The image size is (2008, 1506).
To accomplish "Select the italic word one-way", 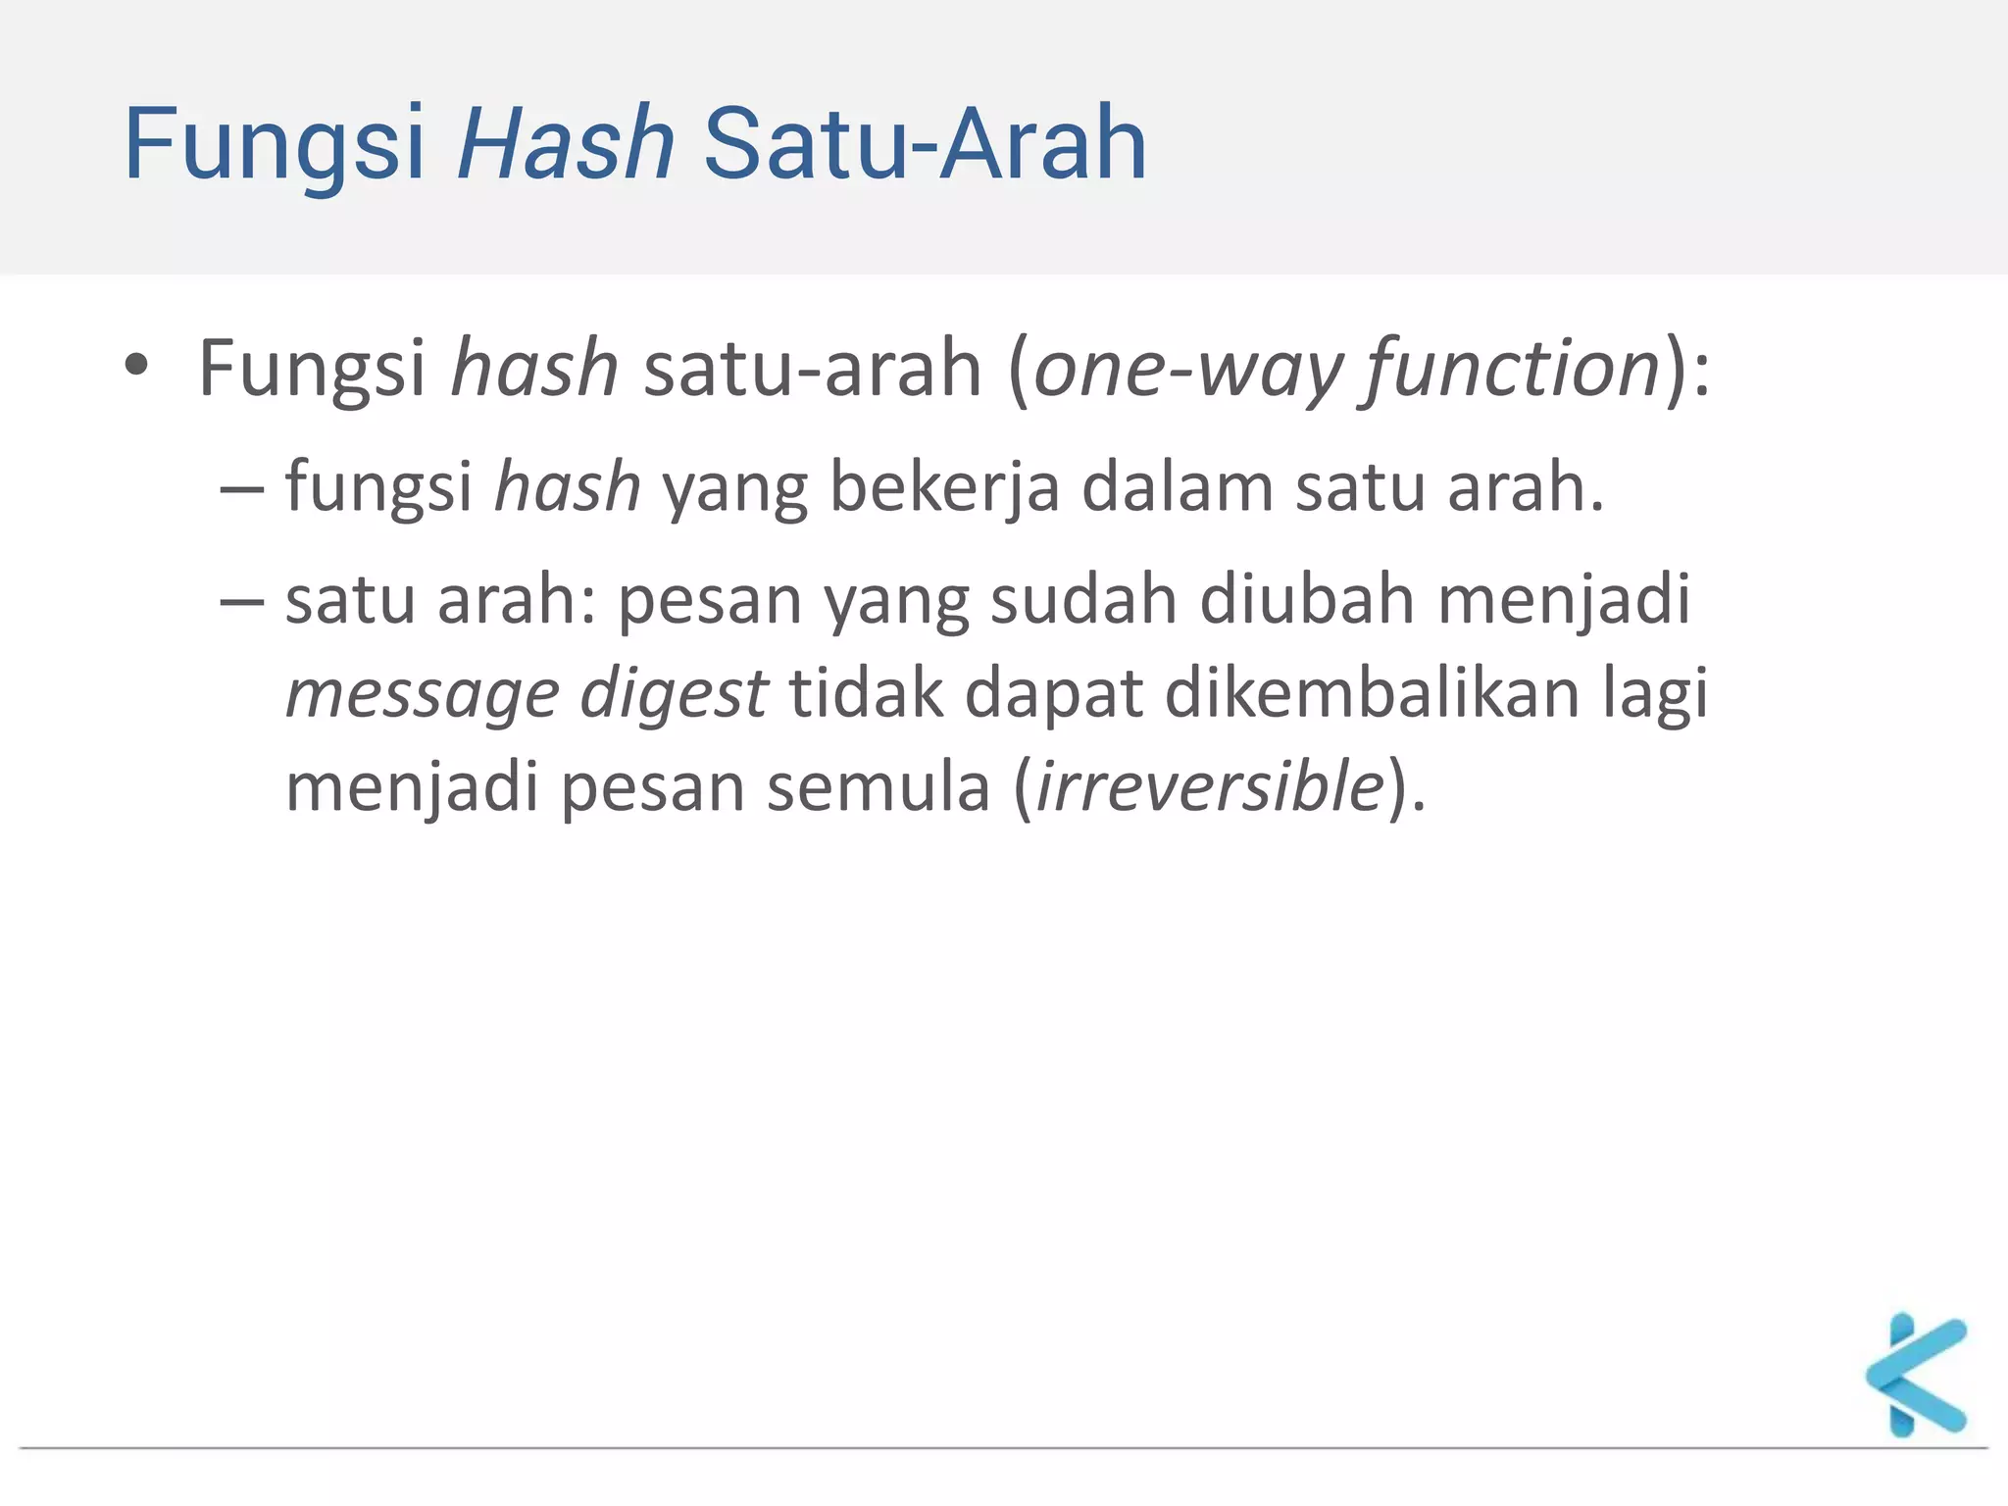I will (1187, 369).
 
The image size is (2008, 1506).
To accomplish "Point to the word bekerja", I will (944, 487).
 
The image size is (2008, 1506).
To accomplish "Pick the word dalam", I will (1177, 487).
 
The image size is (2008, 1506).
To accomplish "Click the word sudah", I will (1083, 599).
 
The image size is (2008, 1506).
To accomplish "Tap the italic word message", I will (422, 694).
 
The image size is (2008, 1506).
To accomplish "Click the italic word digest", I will (674, 694).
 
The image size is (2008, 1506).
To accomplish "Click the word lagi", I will (1656, 694).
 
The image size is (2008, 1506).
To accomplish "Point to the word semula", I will (878, 786).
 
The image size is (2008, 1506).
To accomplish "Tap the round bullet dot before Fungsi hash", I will (136, 366).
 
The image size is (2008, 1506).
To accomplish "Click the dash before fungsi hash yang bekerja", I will (241, 488).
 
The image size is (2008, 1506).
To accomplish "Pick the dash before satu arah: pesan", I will (241, 600).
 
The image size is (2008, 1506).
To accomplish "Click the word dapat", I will (1054, 694).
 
